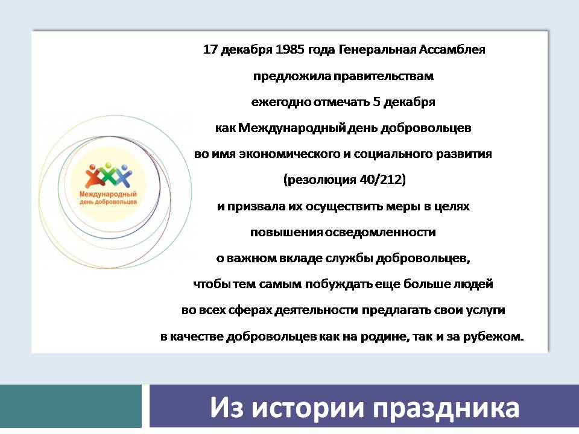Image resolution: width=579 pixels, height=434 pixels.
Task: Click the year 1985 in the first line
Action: click(x=290, y=49)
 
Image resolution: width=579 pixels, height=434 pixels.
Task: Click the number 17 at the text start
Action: click(x=210, y=49)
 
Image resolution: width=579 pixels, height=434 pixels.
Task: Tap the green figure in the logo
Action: click(x=108, y=174)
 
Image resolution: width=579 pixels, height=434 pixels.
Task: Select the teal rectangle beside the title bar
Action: click(x=71, y=406)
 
